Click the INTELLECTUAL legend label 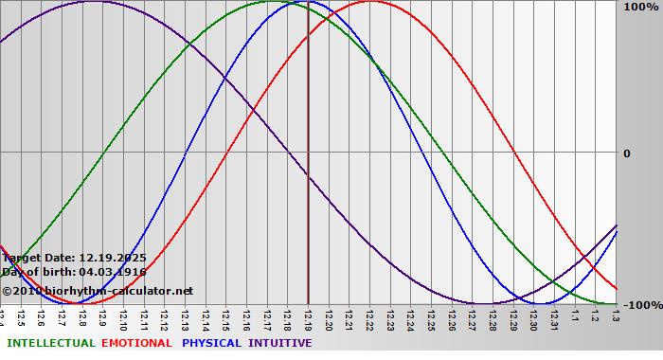50,343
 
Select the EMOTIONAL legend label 136,343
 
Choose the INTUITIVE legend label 279,343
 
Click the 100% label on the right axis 639,8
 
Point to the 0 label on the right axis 626,153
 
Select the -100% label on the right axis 640,305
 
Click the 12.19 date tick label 309,317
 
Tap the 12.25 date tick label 432,317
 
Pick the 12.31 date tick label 554,317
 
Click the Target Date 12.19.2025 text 74,257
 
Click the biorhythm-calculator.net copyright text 98,291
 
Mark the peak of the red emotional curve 370,1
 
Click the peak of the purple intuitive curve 93,1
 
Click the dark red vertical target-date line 309,189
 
